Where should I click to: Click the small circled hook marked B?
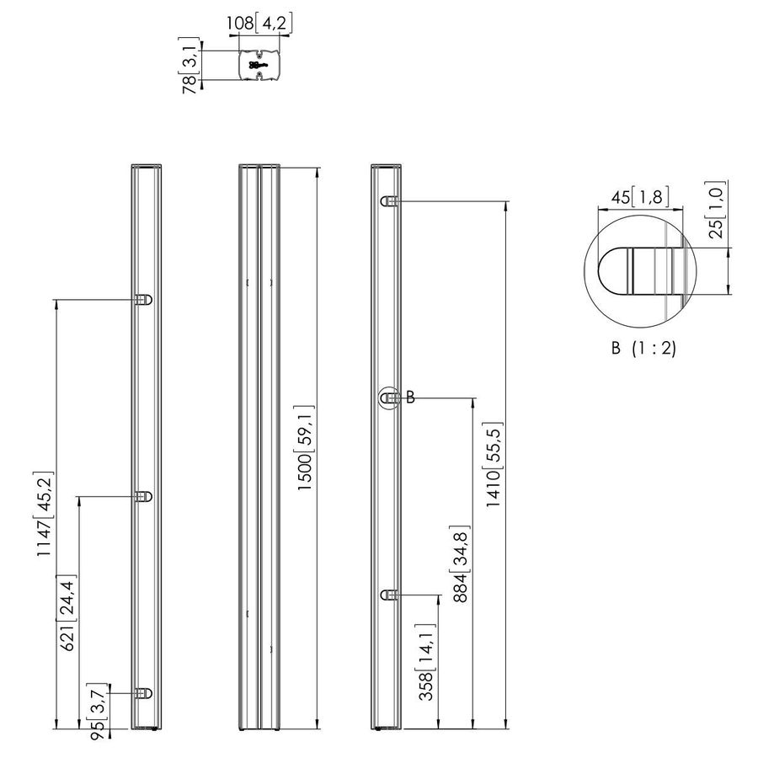click(x=389, y=398)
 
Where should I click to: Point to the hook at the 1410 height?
click(x=389, y=201)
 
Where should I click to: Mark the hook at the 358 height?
click(x=389, y=595)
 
